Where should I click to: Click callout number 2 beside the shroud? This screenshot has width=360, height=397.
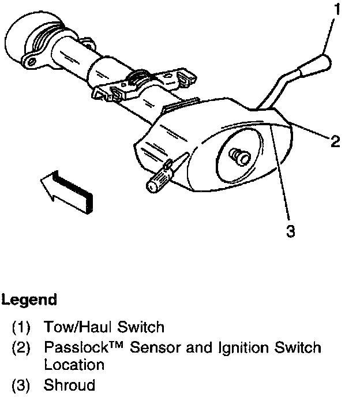335,141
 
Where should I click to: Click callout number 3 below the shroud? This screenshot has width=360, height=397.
291,231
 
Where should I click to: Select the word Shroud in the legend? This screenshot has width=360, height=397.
69,384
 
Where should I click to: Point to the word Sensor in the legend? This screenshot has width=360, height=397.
148,348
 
